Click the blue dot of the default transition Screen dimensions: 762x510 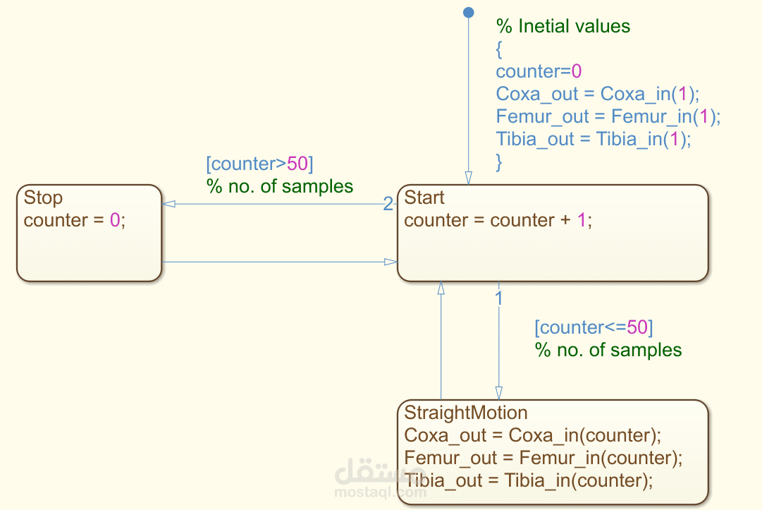click(469, 12)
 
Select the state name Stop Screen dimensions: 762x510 click(43, 198)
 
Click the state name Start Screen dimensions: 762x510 click(424, 198)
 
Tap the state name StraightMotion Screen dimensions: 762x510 click(465, 413)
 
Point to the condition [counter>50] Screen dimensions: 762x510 click(259, 164)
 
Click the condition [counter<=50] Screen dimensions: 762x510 click(594, 327)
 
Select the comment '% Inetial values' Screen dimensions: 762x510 click(563, 26)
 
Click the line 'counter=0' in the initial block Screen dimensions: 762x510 click(539, 71)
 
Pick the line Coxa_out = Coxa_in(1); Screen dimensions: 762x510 click(597, 94)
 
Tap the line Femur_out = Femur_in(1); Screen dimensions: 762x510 click(608, 116)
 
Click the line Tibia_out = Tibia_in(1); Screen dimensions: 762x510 click(593, 139)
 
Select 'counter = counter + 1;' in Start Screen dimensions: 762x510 click(498, 220)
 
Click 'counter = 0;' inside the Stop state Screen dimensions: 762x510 click(74, 220)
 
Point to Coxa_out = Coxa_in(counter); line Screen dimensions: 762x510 click(533, 435)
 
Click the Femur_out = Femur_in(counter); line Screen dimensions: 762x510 click(543, 458)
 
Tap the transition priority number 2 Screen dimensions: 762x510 click(388, 204)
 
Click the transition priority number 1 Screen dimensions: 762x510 click(498, 298)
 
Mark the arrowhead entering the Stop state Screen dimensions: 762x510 click(168, 204)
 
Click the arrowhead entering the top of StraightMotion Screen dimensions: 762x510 click(498, 393)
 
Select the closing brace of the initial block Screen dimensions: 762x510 click(498, 162)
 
